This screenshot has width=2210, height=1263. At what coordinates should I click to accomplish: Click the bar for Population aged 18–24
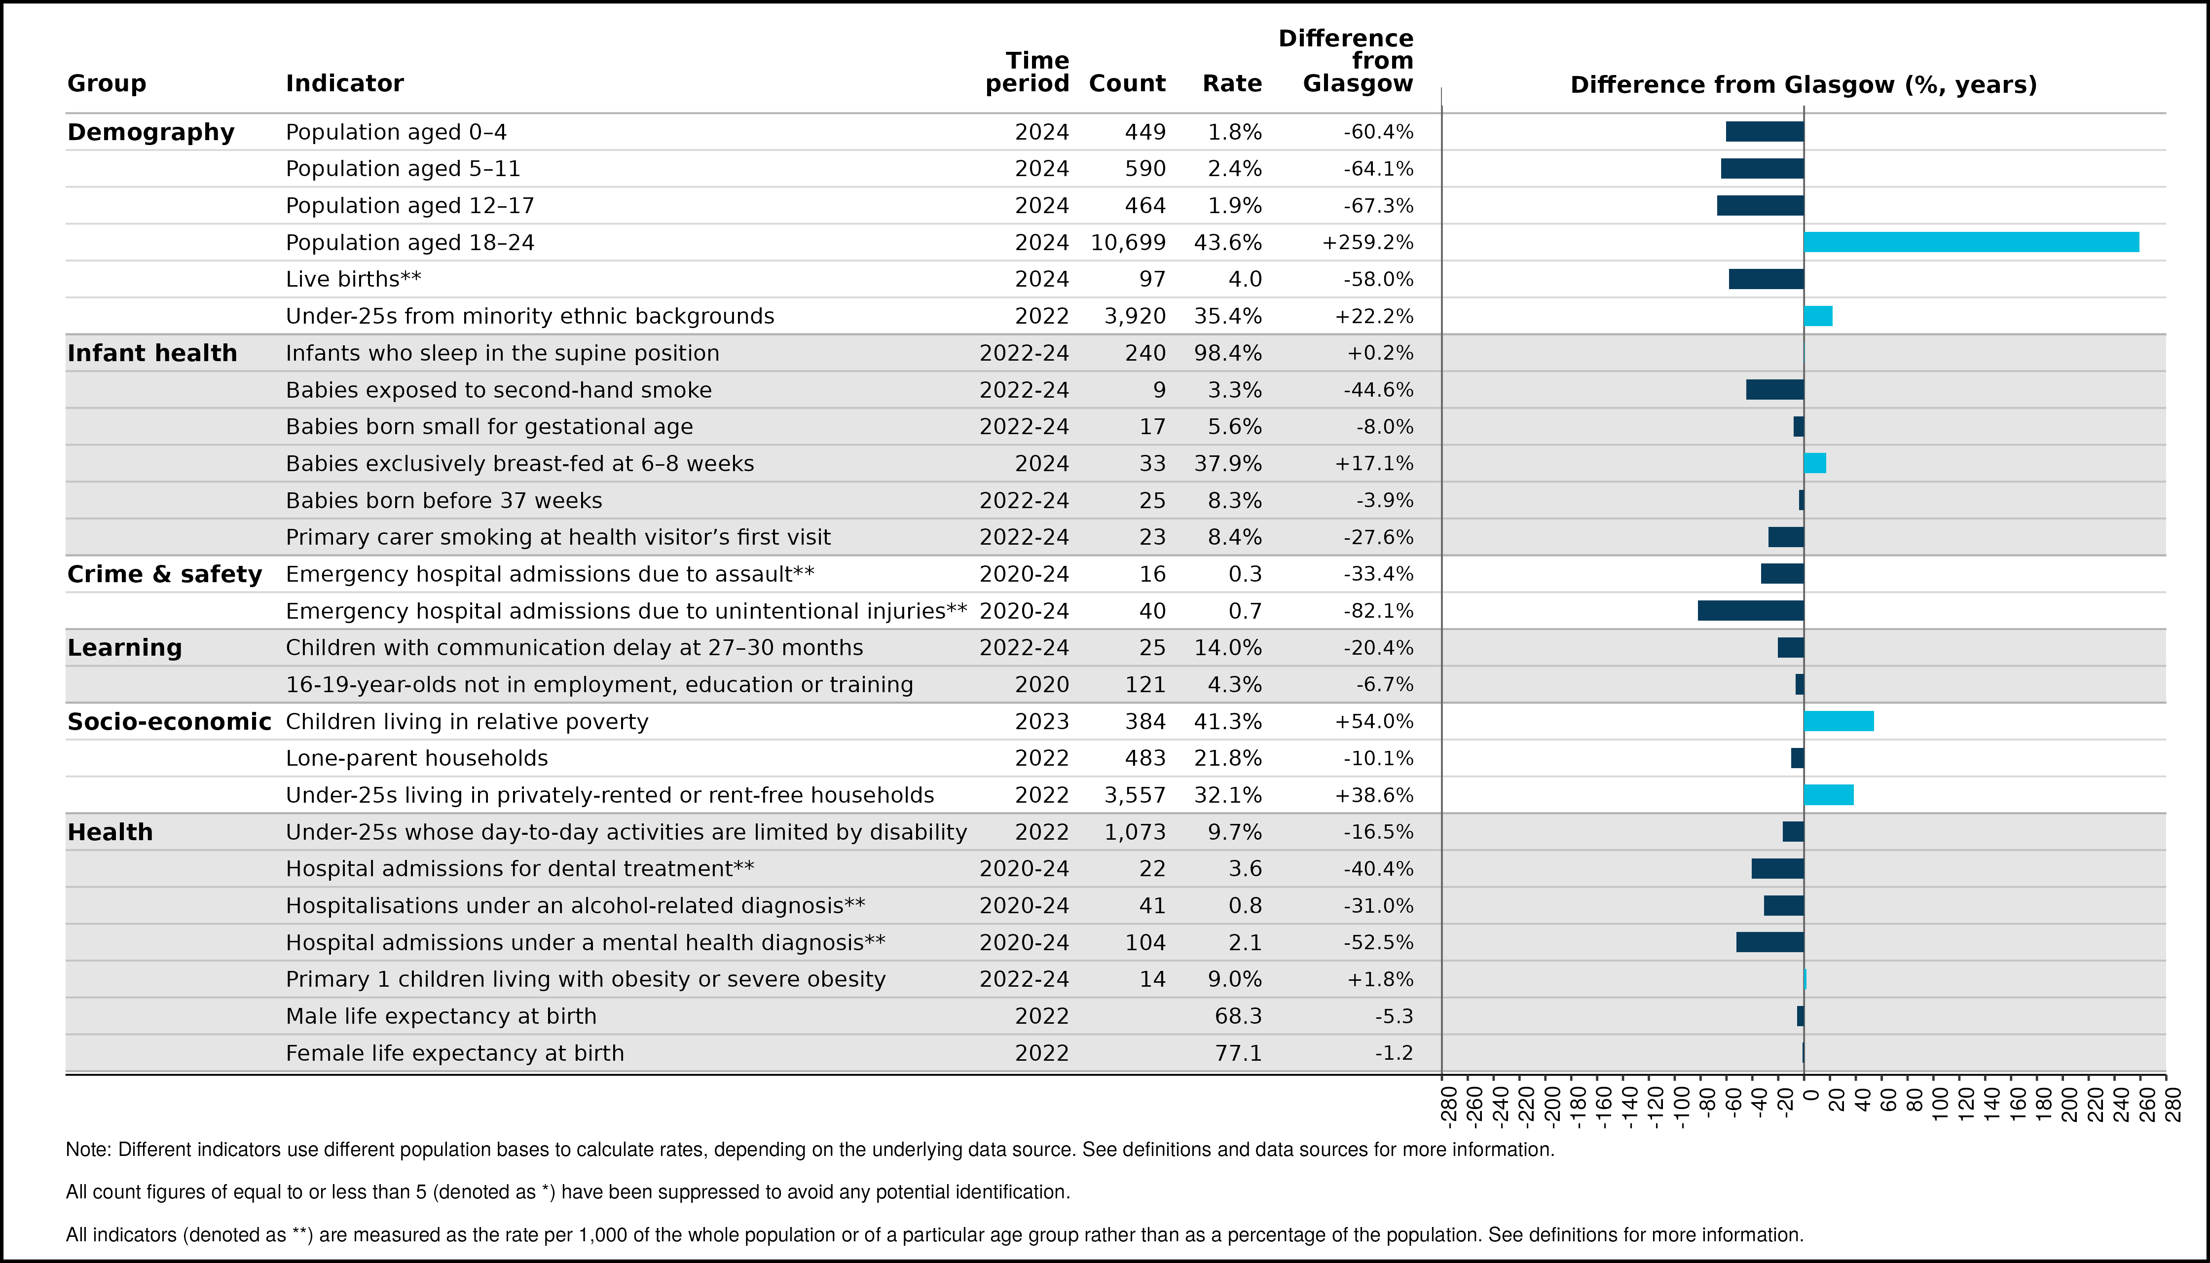coord(1971,242)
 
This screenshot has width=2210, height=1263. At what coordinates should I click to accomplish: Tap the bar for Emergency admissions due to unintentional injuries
coord(1751,611)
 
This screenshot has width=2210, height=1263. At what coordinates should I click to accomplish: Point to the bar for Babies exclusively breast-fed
coord(1815,463)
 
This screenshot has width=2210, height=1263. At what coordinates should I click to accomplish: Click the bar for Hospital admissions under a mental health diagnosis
coord(1770,942)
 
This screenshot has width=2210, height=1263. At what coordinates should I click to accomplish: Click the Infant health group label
coord(152,353)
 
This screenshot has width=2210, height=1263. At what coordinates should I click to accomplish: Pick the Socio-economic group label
coord(169,722)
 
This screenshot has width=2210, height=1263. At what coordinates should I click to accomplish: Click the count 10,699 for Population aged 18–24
coord(1128,243)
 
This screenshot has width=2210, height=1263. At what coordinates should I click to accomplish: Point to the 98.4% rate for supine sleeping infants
coord(1228,353)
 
